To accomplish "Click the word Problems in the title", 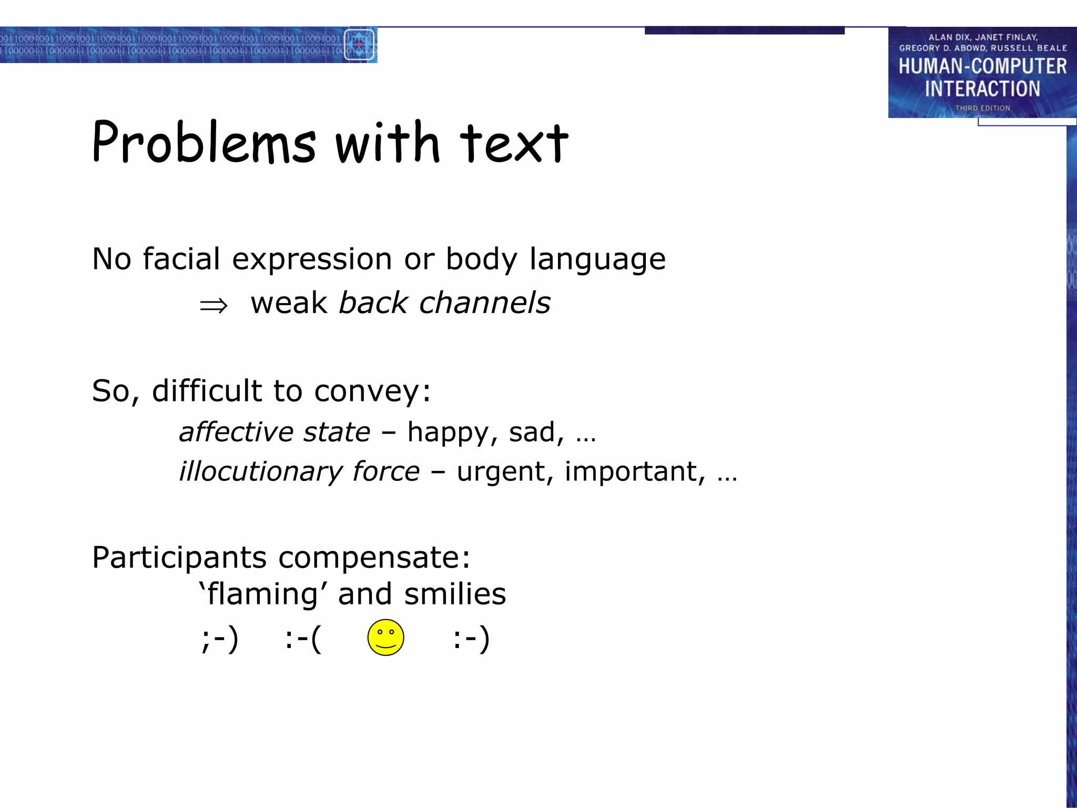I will pos(204,142).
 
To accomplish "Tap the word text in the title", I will pos(514,143).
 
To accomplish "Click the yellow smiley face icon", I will pos(385,638).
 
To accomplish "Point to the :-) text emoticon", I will pos(471,639).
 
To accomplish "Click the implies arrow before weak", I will pos(214,305).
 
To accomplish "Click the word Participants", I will pos(179,557).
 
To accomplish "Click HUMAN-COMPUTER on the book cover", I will pos(982,66).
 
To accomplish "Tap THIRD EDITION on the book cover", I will pos(982,108).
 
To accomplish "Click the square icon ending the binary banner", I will pos(359,45).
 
